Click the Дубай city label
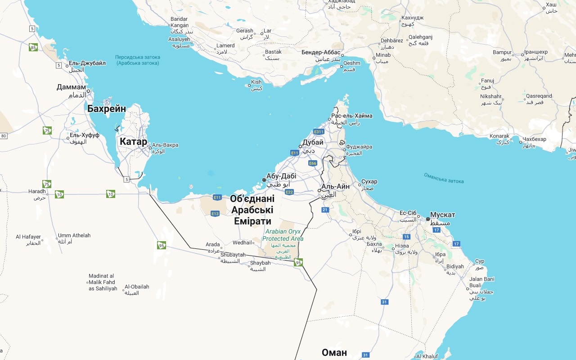point(313,143)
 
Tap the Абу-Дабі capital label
point(281,176)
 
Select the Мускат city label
point(442,215)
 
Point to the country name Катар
point(133,142)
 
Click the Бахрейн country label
point(107,109)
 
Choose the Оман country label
point(334,352)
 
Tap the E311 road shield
point(319,132)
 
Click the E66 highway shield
point(313,163)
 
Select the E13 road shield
point(215,214)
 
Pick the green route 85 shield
point(33,47)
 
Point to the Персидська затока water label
point(138,57)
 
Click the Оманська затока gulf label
point(443,178)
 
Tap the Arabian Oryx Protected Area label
point(283,235)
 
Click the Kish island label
point(256,82)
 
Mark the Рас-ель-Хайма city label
point(351,116)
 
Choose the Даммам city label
point(71,87)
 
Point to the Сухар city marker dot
point(360,184)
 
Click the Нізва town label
point(402,246)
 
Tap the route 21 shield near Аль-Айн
point(325,210)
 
